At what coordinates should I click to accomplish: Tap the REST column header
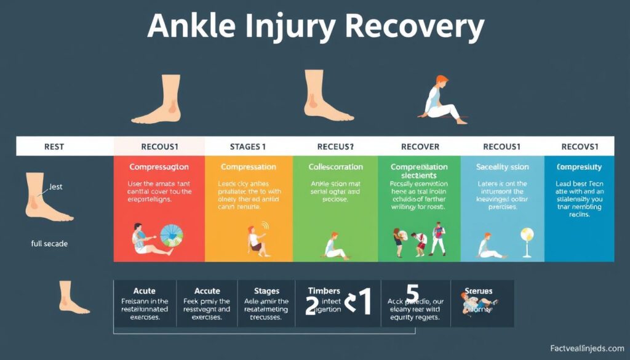click(x=54, y=147)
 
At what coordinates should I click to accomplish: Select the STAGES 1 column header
click(x=248, y=147)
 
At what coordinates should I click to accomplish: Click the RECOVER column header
click(x=420, y=147)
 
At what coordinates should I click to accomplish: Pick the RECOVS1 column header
click(x=579, y=147)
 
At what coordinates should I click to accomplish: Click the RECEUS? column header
click(x=335, y=147)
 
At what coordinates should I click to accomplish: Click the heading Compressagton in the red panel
click(x=159, y=167)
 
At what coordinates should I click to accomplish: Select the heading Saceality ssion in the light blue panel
click(x=502, y=167)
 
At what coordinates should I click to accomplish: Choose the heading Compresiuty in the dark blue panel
click(x=579, y=167)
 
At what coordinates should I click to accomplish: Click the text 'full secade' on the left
click(x=49, y=244)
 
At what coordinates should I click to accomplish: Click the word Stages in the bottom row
click(x=266, y=290)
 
